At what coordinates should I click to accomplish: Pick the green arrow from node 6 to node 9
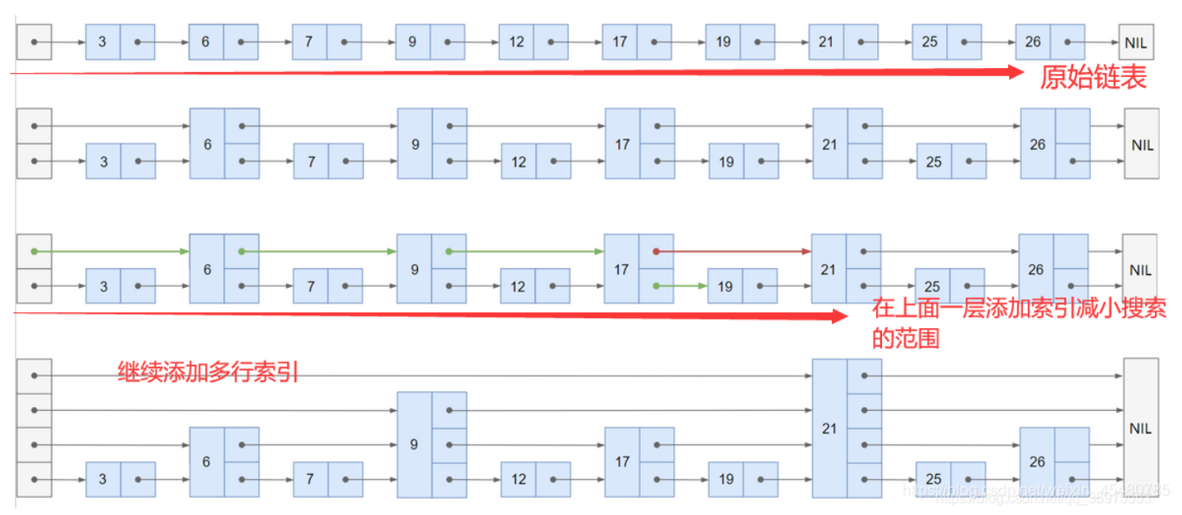click(x=320, y=252)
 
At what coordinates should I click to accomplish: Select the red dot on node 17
click(x=657, y=252)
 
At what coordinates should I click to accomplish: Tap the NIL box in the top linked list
click(x=1136, y=42)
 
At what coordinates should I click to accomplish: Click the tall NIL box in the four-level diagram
click(x=1140, y=427)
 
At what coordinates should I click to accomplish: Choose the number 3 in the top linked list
click(x=102, y=42)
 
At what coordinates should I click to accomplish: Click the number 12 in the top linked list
click(x=516, y=42)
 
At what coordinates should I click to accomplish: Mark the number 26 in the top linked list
click(x=1033, y=42)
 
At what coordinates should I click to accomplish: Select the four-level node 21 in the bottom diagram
click(x=830, y=427)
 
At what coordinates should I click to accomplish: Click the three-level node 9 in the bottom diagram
click(x=414, y=444)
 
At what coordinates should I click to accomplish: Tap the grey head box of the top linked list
click(x=34, y=42)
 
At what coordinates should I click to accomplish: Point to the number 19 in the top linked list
click(x=722, y=42)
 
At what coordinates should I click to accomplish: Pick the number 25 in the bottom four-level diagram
click(x=933, y=479)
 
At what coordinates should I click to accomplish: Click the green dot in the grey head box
click(x=34, y=252)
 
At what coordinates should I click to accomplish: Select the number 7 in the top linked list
click(x=309, y=42)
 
